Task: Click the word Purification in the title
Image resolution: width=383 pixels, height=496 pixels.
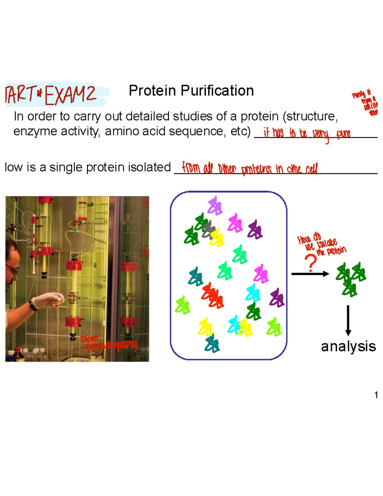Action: coord(217,91)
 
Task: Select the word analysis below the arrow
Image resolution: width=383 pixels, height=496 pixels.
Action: coord(348,346)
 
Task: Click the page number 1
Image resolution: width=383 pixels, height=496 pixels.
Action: coord(376,395)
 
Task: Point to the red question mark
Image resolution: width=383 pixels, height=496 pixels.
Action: coord(311,263)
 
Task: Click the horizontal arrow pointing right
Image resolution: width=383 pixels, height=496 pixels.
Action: coord(310,274)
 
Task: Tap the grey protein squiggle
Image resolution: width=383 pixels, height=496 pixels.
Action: coord(208,229)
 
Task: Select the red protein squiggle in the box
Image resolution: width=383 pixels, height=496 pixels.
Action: coord(213,295)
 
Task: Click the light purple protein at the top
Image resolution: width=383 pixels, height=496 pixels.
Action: coord(215,206)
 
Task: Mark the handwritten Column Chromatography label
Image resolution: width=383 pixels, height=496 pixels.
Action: coord(109,343)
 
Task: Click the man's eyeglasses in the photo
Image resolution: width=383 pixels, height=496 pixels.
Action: coord(12,270)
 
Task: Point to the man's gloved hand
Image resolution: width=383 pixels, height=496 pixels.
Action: coord(48,300)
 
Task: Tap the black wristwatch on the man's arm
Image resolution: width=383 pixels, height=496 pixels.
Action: coord(33,305)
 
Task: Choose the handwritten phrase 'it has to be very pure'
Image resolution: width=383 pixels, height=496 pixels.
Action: coord(306,134)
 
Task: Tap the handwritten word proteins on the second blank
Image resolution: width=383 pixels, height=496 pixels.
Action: coord(256,169)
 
